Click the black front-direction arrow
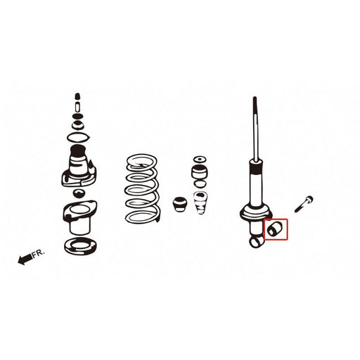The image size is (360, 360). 26,259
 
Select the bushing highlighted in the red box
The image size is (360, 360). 274,229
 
